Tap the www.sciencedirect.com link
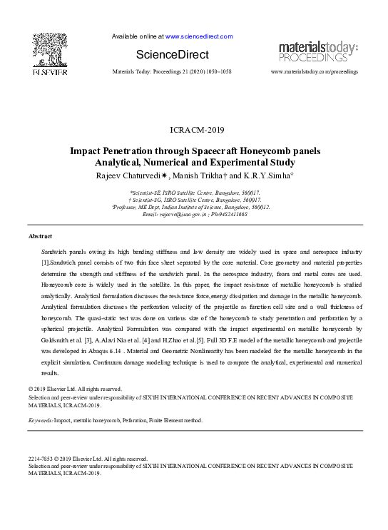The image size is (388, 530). [x=191, y=36]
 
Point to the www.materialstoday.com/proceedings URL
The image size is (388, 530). [x=315, y=73]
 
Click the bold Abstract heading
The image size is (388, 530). [x=40, y=235]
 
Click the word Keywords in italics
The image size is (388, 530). [x=40, y=421]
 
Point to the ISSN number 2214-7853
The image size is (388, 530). [x=42, y=459]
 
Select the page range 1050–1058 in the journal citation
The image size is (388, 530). [x=218, y=73]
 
